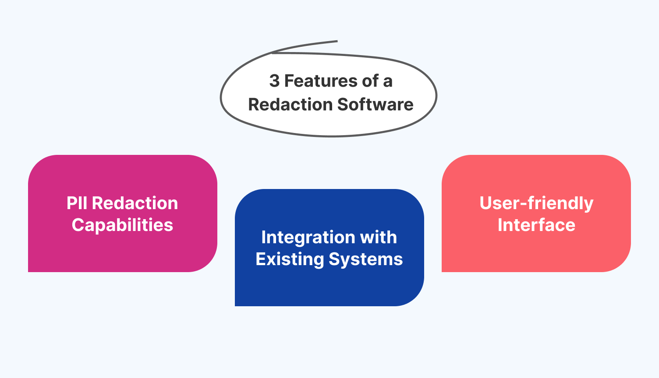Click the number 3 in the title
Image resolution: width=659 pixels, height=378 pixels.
coord(274,81)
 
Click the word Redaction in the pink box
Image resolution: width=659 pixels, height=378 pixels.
coord(135,203)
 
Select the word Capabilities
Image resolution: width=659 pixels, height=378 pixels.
coord(122,225)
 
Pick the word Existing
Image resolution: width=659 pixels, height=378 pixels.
coord(289,259)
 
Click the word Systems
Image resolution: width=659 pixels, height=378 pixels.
coord(366,259)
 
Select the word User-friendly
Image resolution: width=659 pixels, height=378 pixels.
coord(536,203)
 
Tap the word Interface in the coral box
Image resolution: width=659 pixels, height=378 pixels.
coord(536,225)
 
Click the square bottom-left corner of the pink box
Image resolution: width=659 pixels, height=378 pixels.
coord(30,270)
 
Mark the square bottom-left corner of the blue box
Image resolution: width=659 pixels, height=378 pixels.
coord(237,304)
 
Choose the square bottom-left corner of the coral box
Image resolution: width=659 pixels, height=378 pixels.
coord(443,270)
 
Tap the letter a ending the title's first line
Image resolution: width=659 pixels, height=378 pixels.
coord(387,82)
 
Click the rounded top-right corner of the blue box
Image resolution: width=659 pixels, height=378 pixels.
coord(414,198)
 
